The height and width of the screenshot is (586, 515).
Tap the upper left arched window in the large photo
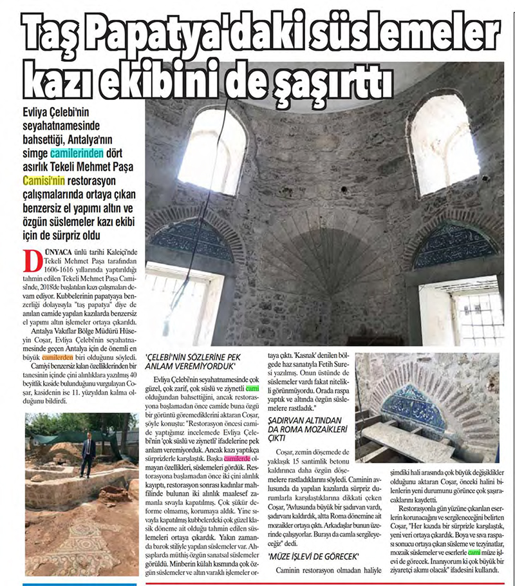coord(211,151)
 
